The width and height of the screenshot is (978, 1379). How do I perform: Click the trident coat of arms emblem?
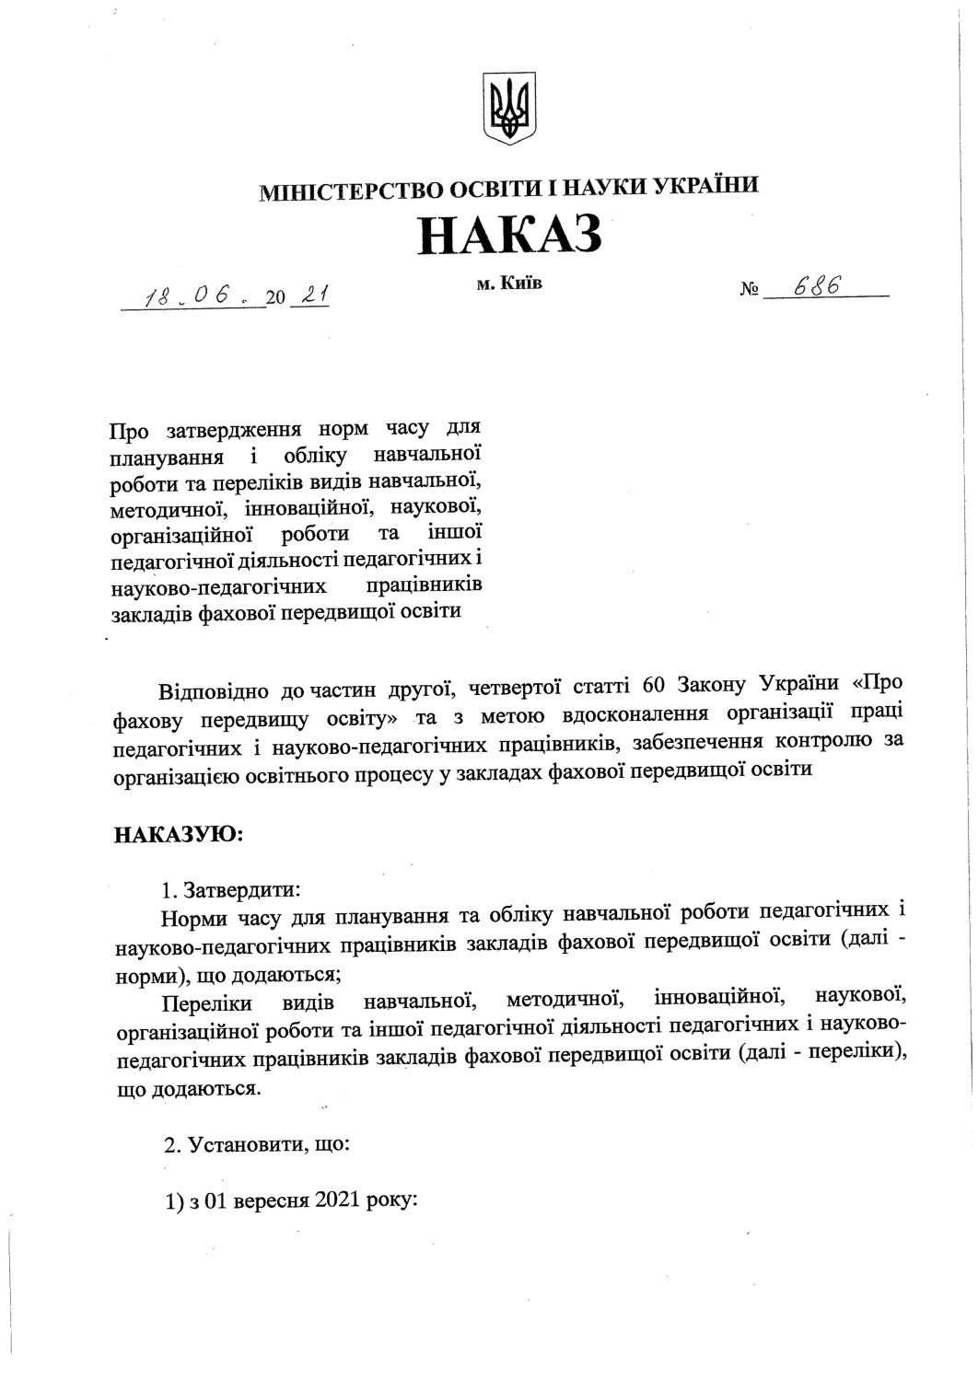pos(507,110)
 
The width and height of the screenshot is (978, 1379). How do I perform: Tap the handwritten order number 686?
pos(815,289)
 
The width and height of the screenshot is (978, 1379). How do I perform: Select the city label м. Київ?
pos(509,284)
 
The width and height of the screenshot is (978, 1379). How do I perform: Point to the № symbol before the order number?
pos(750,293)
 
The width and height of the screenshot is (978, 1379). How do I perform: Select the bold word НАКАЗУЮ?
pos(179,835)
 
